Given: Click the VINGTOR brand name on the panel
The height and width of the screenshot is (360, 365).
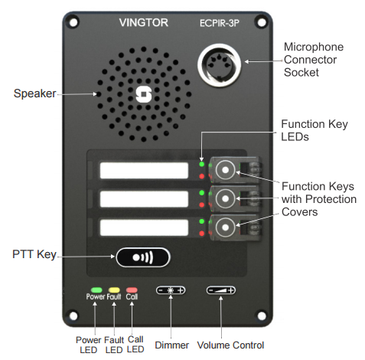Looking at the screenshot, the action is (144, 23).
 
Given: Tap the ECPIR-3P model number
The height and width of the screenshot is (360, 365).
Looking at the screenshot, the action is (220, 23).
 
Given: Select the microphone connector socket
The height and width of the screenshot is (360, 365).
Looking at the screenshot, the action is (219, 65).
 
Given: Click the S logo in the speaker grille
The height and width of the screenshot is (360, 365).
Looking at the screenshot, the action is (144, 94).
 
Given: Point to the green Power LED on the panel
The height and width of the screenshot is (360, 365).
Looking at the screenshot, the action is (96, 290).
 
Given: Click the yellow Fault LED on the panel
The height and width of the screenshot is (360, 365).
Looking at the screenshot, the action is (114, 290).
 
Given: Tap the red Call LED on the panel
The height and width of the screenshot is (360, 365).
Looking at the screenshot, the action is (132, 290).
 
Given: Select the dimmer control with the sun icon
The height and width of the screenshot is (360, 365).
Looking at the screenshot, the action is (171, 290).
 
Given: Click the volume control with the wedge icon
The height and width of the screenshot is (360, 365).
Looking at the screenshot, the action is (221, 290).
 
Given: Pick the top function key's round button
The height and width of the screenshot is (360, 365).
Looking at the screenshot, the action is (225, 170).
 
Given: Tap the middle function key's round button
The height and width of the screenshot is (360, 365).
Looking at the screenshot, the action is (225, 198).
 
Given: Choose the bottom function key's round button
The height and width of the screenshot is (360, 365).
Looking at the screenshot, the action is (225, 227).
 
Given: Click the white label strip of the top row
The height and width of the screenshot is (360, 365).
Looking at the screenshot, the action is (144, 170).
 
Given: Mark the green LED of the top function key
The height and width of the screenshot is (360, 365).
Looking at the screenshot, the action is (201, 164).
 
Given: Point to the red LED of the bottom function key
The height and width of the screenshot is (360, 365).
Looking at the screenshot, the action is (201, 233).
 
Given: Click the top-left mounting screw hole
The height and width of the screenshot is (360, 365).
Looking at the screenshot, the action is (73, 22).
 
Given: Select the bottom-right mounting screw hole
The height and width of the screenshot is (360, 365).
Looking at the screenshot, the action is (262, 316).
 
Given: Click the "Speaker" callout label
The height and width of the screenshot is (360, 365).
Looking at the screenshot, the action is (34, 93).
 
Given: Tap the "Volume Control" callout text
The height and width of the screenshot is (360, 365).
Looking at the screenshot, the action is (230, 345).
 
